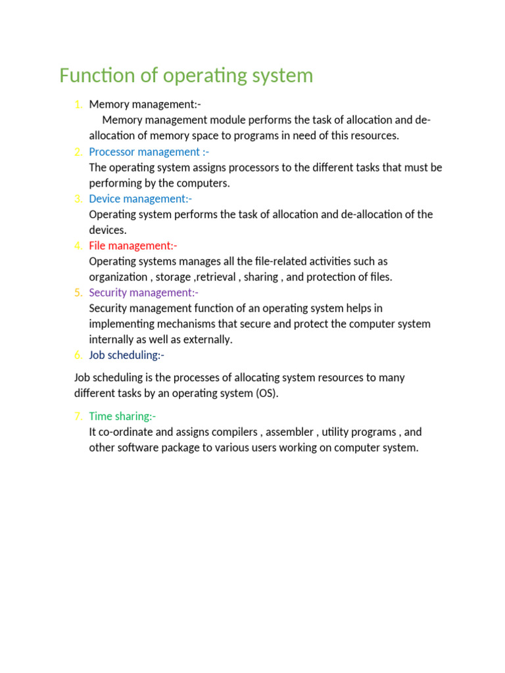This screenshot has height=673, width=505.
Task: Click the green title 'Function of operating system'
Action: (x=186, y=76)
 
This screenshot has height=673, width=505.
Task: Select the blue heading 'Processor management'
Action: (x=149, y=152)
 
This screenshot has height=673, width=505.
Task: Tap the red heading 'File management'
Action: (x=133, y=246)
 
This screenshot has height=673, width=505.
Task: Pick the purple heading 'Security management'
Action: (x=143, y=292)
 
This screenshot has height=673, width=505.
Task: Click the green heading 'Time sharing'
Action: (x=122, y=416)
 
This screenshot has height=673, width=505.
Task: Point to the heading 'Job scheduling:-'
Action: (x=126, y=355)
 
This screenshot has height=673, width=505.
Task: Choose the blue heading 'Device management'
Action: (x=140, y=198)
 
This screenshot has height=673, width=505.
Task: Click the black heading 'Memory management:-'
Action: (x=145, y=104)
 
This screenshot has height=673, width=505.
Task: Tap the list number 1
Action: (x=78, y=104)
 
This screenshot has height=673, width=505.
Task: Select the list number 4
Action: (x=78, y=246)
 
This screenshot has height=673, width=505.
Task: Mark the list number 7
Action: (x=78, y=416)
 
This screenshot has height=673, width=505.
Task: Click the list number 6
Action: (x=78, y=355)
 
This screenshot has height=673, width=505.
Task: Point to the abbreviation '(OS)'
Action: (x=266, y=394)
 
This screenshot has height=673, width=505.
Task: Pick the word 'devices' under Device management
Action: (x=107, y=230)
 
